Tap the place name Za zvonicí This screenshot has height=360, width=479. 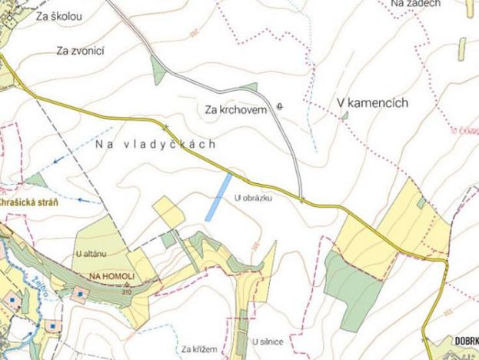[x=80, y=51]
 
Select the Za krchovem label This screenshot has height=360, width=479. [x=236, y=110]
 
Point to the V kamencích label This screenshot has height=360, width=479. [x=371, y=103]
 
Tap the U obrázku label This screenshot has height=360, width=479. [x=253, y=198]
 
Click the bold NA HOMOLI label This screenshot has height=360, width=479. [x=111, y=275]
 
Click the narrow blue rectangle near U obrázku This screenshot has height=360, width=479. [x=218, y=197]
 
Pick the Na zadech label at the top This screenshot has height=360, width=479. [x=415, y=4]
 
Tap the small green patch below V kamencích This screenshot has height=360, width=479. [x=345, y=115]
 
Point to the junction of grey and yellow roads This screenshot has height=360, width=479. [x=302, y=199]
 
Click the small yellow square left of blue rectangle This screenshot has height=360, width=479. [x=167, y=212]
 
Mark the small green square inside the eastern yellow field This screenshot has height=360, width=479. [x=421, y=202]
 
